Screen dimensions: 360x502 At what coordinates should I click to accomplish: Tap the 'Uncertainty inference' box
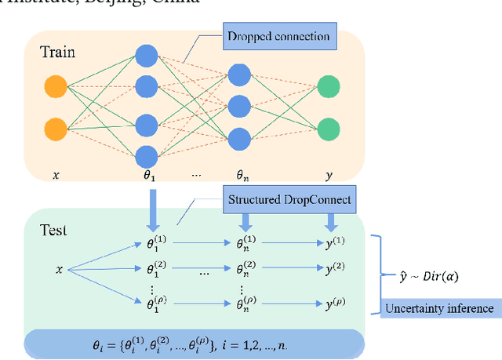pyautogui.click(x=438, y=308)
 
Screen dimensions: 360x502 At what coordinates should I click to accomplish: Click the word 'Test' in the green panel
pyautogui.click(x=53, y=230)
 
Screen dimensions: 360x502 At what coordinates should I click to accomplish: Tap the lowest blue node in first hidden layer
pyautogui.click(x=147, y=155)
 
